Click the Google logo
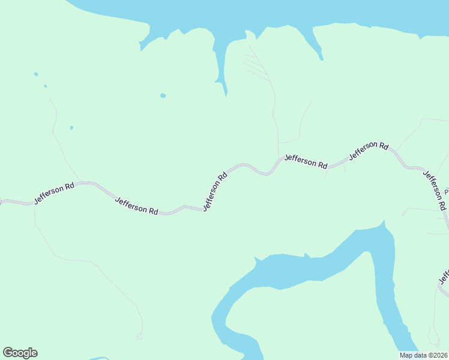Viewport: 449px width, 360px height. [20, 353]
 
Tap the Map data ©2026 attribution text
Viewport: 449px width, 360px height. [423, 355]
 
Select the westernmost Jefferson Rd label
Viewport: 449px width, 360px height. [54, 193]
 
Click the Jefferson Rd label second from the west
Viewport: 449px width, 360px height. [136, 206]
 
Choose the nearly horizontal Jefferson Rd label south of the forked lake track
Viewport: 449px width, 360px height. [306, 161]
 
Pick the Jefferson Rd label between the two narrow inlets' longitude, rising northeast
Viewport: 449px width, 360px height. [369, 149]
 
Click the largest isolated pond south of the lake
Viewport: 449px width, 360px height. [163, 95]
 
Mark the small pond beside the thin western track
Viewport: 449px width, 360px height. [71, 127]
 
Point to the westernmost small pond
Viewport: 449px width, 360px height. [36, 74]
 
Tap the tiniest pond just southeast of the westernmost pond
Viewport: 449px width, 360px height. [45, 86]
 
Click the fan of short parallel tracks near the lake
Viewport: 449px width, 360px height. [255, 66]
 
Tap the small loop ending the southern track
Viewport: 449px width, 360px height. [140, 337]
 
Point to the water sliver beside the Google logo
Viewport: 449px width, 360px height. [99, 359]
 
